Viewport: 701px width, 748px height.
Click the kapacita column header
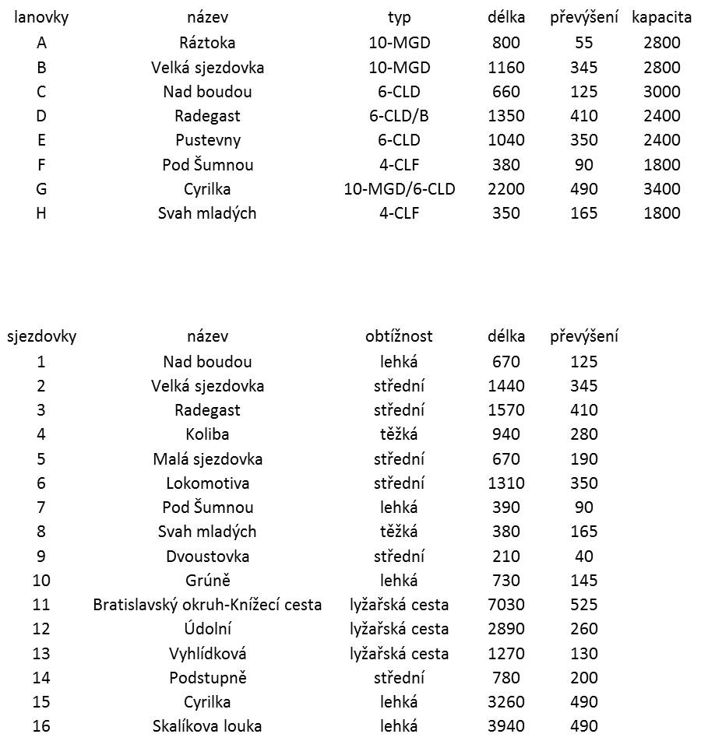[661, 18]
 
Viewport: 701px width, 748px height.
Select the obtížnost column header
[399, 337]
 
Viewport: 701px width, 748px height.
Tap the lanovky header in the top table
[41, 18]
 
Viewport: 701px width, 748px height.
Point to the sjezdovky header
[41, 337]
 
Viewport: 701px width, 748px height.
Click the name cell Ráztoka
[207, 43]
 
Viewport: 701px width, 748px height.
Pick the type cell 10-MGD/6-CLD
[399, 189]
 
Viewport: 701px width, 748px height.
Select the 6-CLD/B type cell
[399, 116]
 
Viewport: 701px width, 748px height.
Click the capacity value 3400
[661, 189]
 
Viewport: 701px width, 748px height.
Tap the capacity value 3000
[661, 92]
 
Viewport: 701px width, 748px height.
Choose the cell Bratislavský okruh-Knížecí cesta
[207, 605]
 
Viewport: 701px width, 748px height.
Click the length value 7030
[505, 605]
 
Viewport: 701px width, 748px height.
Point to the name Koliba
[207, 434]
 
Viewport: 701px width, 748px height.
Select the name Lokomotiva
[207, 483]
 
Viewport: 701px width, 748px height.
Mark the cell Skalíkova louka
[207, 726]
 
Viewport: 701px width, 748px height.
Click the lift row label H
[41, 213]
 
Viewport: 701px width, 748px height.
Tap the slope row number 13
[41, 654]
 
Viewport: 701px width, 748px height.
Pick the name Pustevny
[207, 140]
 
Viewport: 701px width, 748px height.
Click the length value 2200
[505, 189]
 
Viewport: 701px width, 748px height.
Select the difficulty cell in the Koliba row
[399, 434]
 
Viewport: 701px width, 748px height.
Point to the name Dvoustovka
[207, 557]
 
